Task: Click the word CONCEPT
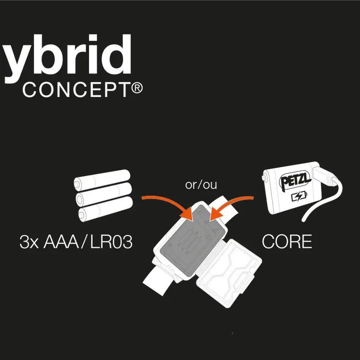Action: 75,89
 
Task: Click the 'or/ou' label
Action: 201,184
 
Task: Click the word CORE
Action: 287,242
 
